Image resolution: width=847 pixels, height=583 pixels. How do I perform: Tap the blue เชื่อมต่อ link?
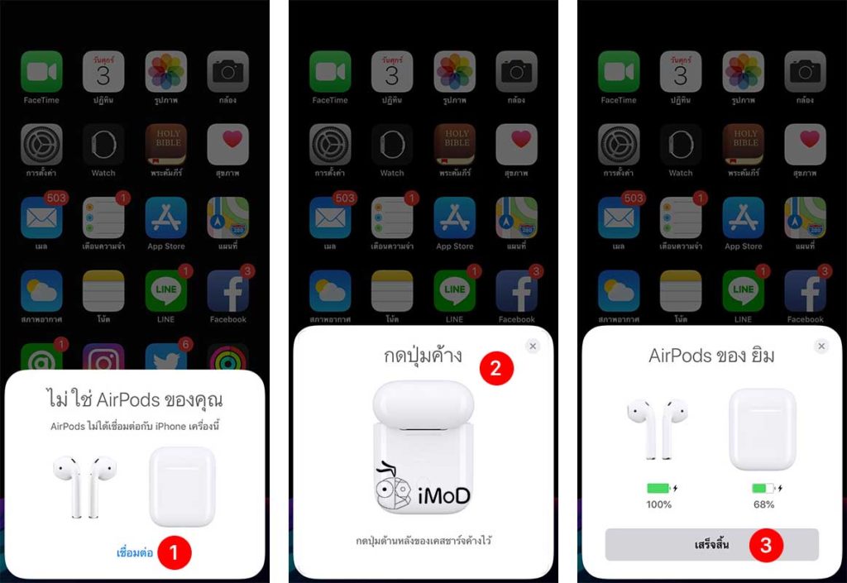135,553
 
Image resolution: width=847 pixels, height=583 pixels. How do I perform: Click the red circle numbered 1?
175,552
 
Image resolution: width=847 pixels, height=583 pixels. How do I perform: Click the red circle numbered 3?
766,545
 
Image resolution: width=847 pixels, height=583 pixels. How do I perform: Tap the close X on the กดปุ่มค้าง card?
533,346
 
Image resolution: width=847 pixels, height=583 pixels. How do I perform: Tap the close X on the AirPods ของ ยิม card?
821,346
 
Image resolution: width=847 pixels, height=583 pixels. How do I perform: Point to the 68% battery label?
763,504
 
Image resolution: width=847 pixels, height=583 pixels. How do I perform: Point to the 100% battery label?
659,504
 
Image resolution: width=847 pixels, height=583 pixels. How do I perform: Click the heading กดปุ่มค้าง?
423,356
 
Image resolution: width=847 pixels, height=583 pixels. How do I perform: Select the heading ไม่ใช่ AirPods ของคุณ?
135,400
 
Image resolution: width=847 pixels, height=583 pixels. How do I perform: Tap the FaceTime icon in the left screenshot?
41,72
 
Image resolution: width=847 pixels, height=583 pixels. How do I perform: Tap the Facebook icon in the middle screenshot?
516,291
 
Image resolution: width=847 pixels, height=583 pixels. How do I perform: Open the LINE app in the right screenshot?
743,291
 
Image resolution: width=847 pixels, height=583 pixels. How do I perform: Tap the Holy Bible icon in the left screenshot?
165,145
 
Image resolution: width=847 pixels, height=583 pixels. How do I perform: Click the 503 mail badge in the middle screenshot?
345,198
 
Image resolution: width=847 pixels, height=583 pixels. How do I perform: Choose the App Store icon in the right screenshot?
743,218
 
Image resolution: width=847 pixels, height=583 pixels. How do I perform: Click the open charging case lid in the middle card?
423,403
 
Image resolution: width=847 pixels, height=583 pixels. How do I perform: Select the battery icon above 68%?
763,488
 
